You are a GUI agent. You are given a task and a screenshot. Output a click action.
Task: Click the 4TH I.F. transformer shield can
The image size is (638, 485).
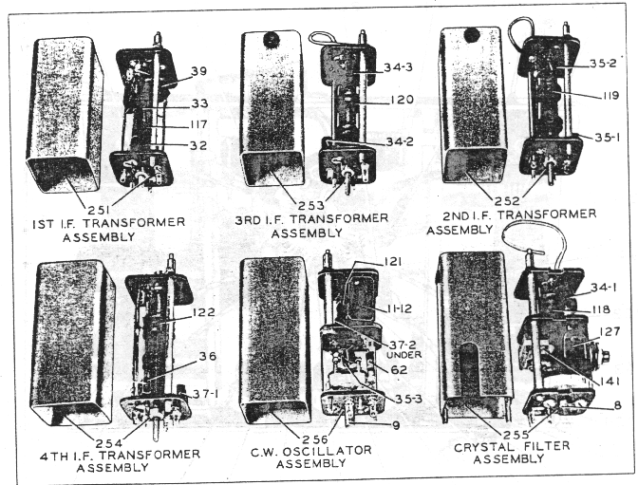pyautogui.click(x=73, y=342)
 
